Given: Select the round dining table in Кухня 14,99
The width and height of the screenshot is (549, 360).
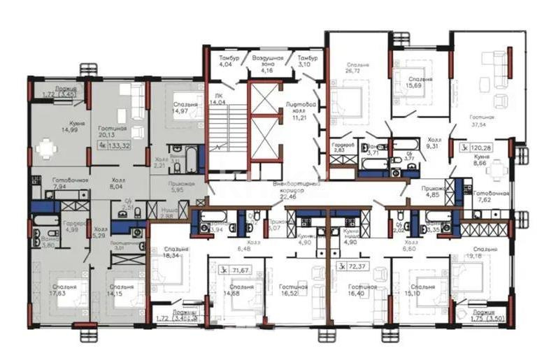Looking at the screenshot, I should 46,148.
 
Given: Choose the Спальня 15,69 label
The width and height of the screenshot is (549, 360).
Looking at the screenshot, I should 421,83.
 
